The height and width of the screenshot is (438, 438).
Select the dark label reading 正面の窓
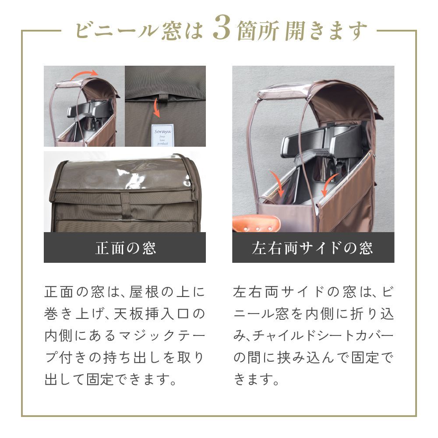125,248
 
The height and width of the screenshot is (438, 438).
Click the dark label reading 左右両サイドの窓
313,248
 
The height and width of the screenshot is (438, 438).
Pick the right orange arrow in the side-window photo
328,187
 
